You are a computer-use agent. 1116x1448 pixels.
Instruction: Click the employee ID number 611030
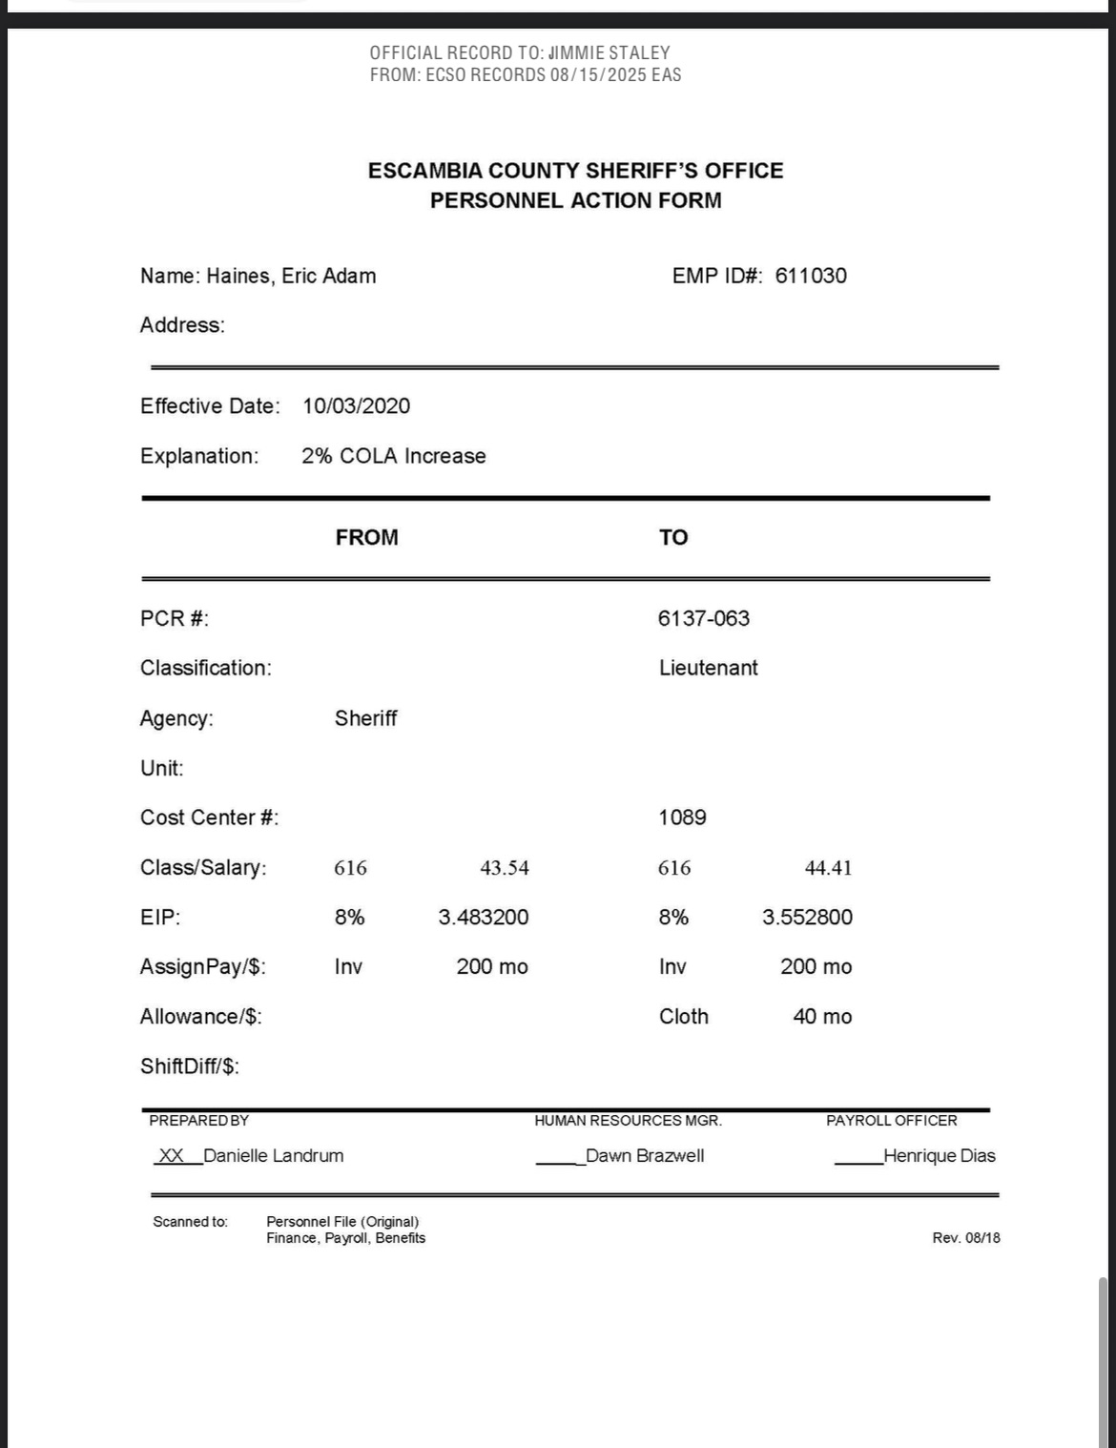click(810, 276)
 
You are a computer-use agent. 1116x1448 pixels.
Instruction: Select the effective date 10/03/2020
click(356, 406)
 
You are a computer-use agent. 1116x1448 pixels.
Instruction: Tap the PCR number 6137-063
click(703, 618)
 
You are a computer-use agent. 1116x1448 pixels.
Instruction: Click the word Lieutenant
click(708, 668)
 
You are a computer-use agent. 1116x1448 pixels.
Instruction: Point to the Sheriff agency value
click(365, 718)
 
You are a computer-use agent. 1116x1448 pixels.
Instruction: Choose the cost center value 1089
click(682, 817)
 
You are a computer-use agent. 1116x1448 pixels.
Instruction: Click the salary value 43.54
click(504, 868)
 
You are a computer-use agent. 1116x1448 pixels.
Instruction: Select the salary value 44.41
click(828, 868)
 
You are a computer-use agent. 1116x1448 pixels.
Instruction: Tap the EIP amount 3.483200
click(483, 918)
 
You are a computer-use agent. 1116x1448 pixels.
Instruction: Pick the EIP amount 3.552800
click(807, 918)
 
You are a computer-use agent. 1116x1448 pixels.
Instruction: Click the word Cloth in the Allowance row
click(683, 1017)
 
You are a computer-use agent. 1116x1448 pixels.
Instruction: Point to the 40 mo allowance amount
click(822, 1017)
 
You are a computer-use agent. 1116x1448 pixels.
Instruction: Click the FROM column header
click(366, 538)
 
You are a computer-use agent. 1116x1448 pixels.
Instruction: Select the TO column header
click(672, 538)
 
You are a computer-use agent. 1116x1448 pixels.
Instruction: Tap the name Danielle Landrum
click(273, 1156)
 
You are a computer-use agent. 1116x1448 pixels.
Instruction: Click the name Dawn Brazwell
click(645, 1156)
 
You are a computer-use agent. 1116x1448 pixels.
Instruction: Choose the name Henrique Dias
click(939, 1156)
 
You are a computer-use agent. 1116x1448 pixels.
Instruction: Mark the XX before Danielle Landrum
click(171, 1156)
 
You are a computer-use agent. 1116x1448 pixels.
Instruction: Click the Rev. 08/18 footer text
click(965, 1238)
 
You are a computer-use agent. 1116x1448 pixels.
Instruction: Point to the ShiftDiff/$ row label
click(189, 1066)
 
